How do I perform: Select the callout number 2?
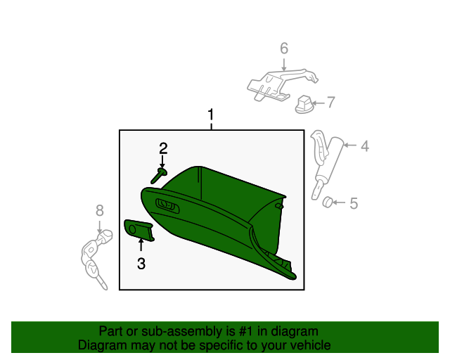163,148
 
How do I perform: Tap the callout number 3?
141,264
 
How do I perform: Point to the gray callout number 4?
365,146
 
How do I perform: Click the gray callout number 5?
354,204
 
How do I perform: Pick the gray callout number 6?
284,49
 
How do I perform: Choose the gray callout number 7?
330,102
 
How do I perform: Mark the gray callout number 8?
99,210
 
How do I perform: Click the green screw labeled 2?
158,175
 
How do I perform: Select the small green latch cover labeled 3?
139,229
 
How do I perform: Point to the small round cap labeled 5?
327,203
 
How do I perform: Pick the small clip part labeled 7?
304,103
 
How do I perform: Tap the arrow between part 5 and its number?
340,204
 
